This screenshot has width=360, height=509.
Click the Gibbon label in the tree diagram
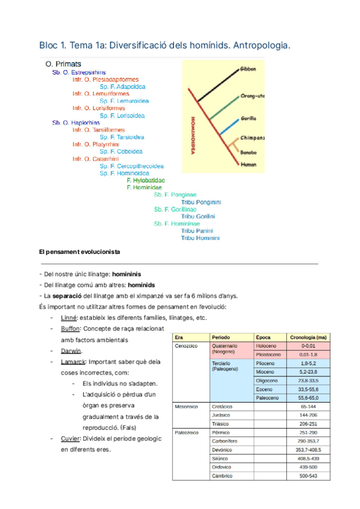coord(248,69)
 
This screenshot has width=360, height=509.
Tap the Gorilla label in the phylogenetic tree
coord(249,118)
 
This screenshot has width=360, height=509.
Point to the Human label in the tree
coord(248,163)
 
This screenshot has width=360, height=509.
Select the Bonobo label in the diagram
coord(249,152)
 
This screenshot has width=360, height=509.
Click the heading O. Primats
coord(64,64)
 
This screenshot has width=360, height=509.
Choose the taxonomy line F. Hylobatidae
coord(146,180)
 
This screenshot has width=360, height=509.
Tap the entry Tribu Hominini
coord(200,238)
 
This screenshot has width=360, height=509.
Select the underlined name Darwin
coord(71,351)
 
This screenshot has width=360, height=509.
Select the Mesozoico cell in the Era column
coord(187,406)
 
